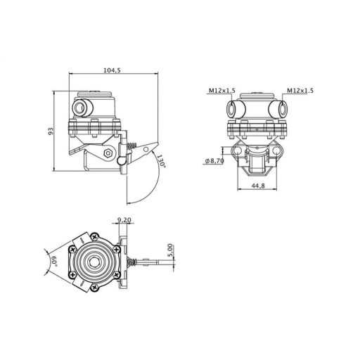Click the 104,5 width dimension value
(112, 70)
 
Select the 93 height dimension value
(51, 131)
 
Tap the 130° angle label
(161, 160)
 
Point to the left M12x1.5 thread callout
(221, 91)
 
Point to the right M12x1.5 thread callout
(300, 91)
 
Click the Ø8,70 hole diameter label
(214, 161)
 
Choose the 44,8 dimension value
(258, 186)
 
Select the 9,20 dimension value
(124, 220)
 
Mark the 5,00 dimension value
(170, 250)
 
